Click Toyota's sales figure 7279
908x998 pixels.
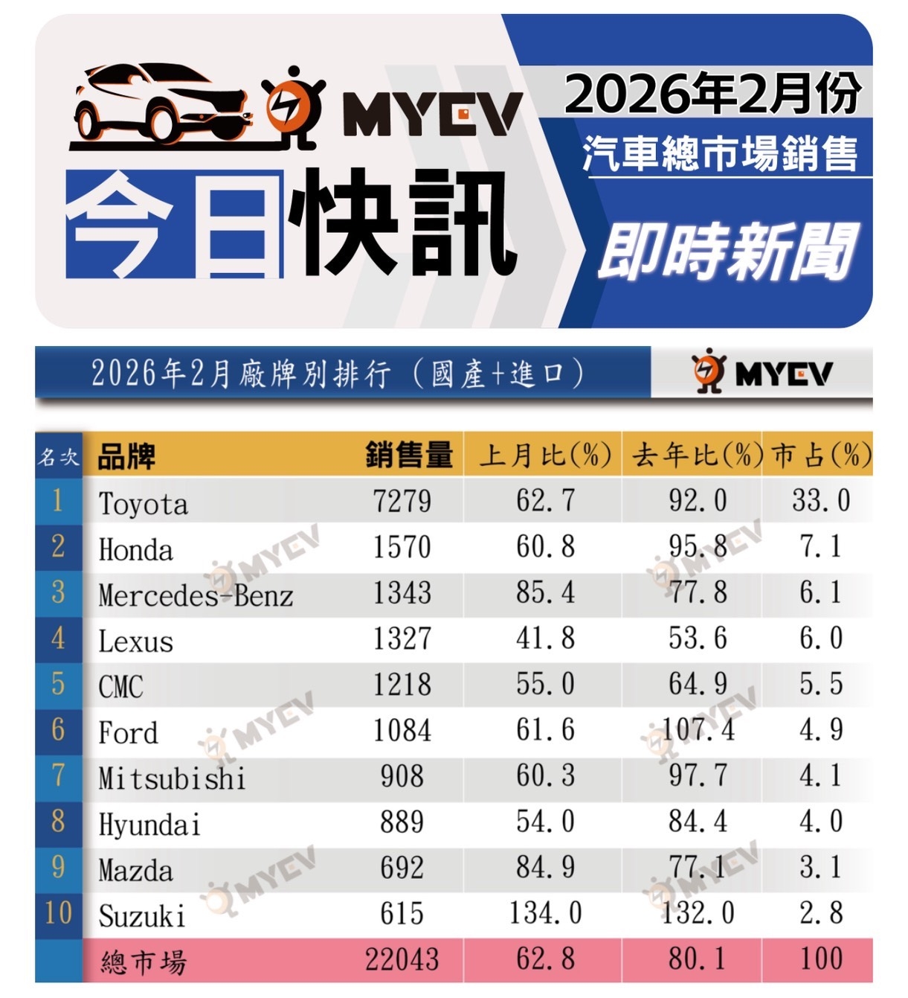tap(402, 501)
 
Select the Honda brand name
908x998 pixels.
tap(136, 550)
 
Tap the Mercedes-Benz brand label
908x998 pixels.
tap(196, 595)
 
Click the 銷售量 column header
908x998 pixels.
tap(409, 455)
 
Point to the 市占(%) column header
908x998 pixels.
tap(821, 455)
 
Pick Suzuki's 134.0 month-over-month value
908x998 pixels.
tap(545, 913)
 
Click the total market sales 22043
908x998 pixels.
tap(402, 960)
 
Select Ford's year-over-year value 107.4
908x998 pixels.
tap(698, 730)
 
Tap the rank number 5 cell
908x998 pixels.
tap(58, 684)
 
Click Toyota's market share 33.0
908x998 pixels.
tap(821, 501)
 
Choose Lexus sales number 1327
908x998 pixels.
tap(402, 639)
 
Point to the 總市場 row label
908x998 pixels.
tap(144, 962)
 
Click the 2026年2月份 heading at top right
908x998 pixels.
tap(712, 94)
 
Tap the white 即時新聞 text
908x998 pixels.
tap(727, 252)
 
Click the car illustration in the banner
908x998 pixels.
tap(160, 104)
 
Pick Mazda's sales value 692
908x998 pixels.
tap(402, 868)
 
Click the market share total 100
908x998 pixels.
tap(821, 959)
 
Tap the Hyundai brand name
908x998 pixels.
tap(149, 825)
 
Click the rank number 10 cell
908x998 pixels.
tap(58, 913)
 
